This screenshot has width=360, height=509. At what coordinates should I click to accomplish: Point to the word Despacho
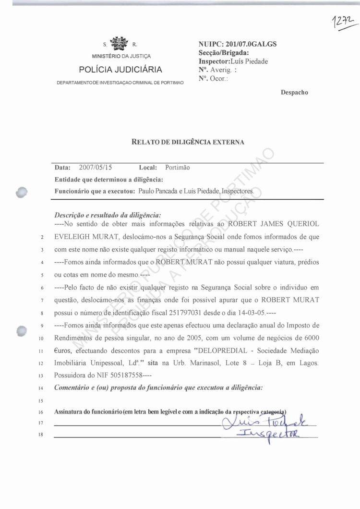(294, 92)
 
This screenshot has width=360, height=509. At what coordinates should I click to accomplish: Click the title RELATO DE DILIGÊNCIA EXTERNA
(188, 142)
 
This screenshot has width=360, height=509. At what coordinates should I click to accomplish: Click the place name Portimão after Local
(177, 168)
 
